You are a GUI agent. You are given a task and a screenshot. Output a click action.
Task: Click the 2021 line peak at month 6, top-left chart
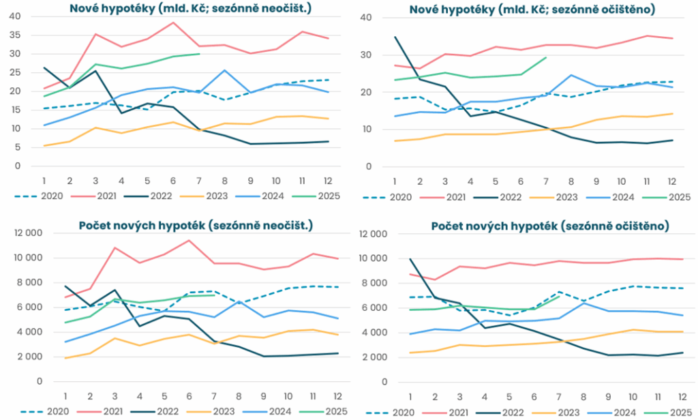(173, 22)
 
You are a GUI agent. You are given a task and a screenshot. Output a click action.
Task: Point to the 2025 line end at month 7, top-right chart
(547, 57)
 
